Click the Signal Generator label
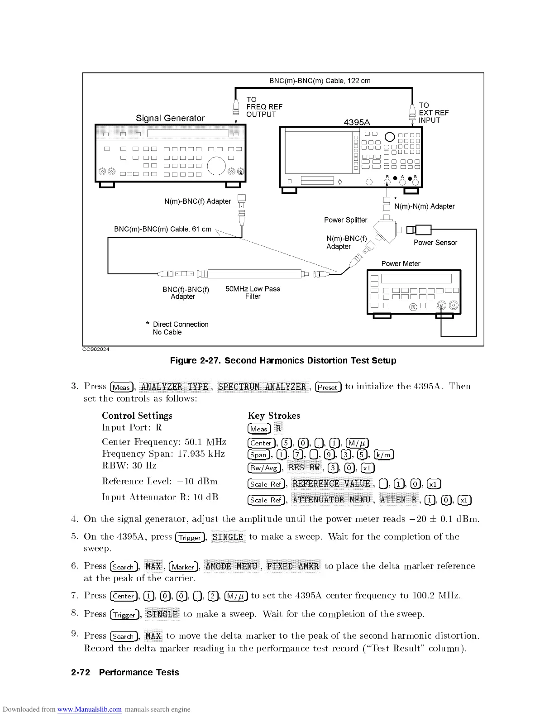click(170, 118)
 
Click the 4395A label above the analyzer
click(357, 122)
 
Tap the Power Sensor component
click(423, 229)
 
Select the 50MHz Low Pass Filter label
click(253, 292)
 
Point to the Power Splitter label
click(345, 220)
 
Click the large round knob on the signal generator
click(216, 166)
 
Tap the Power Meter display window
click(416, 279)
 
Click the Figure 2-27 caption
click(283, 361)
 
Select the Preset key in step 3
click(328, 387)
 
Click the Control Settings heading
click(137, 416)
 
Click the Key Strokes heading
click(273, 416)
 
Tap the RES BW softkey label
click(304, 468)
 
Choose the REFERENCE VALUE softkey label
click(331, 484)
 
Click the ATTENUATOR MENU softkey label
click(331, 500)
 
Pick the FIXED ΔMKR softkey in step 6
click(293, 566)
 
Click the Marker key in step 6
click(183, 567)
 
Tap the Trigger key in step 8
click(124, 615)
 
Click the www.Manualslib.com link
click(89, 709)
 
